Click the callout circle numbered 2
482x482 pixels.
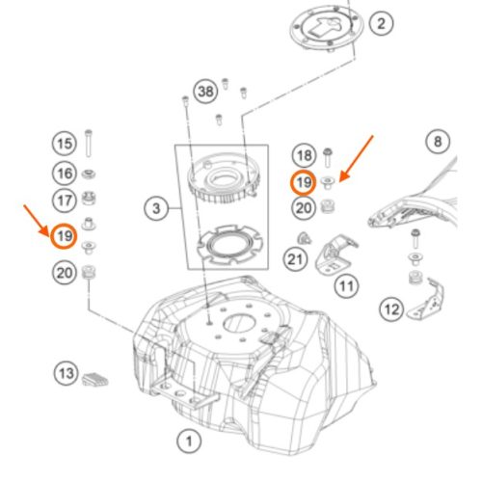(x=381, y=23)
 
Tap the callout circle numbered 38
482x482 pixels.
(x=205, y=92)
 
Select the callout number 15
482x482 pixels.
(x=65, y=144)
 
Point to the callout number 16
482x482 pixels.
(x=65, y=174)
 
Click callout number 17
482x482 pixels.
(x=65, y=201)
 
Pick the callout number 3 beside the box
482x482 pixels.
(x=156, y=208)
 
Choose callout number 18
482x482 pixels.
(x=304, y=156)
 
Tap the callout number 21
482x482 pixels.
(x=295, y=259)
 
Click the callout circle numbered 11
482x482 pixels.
(x=346, y=285)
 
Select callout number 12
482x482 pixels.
(x=391, y=309)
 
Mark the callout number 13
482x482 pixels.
(x=67, y=373)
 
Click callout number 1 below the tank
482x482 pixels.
(x=189, y=441)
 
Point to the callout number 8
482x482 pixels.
(x=438, y=142)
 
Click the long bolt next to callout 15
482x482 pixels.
(x=89, y=144)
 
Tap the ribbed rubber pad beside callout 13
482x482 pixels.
(x=95, y=379)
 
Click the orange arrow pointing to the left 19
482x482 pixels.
(x=36, y=221)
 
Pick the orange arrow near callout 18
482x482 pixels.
(x=356, y=159)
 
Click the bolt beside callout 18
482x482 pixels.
(x=328, y=157)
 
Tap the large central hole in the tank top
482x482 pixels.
(x=239, y=323)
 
